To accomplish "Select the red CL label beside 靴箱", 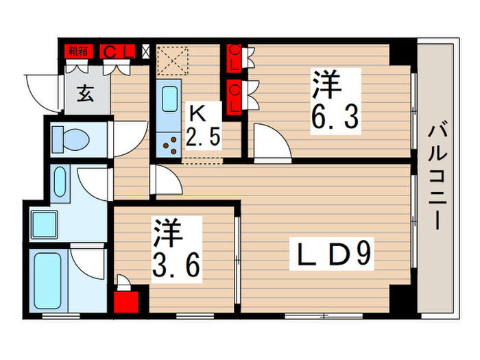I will (x=116, y=51).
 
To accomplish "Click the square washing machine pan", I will (x=45, y=224).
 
